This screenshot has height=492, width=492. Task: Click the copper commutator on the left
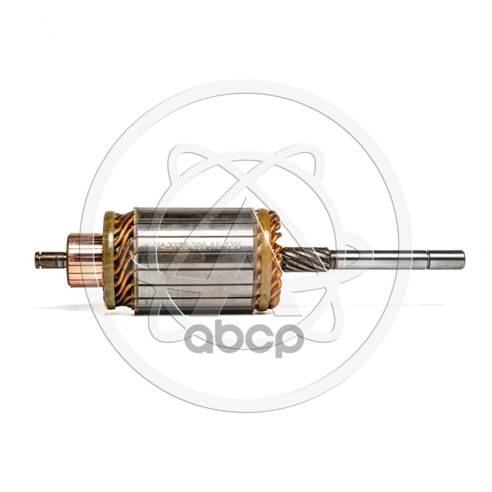(85, 260)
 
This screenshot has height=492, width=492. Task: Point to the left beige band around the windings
(109, 260)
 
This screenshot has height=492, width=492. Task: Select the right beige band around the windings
(263, 260)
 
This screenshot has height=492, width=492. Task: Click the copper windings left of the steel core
(124, 260)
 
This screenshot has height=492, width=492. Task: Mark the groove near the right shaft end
(429, 260)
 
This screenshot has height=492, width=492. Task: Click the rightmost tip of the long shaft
(463, 260)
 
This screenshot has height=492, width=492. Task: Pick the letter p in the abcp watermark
(289, 341)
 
